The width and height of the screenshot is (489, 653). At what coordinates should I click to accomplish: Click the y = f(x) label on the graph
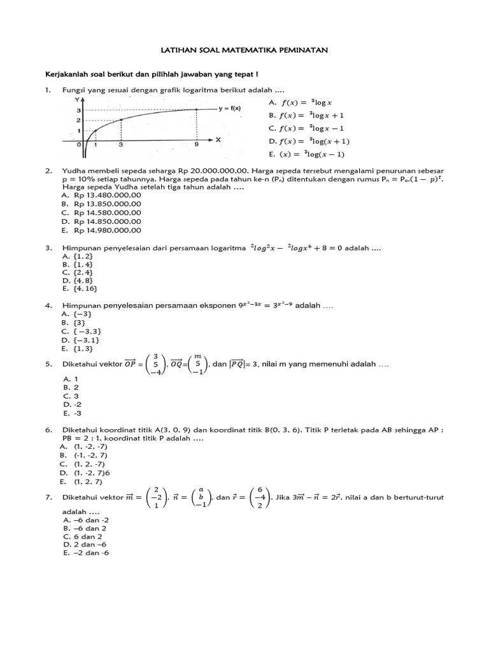pos(229,108)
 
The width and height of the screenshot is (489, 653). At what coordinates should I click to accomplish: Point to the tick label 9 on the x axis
pos(196,145)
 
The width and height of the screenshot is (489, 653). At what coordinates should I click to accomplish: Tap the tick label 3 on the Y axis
pos(78,110)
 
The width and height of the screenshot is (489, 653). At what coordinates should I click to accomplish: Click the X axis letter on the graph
pos(218,139)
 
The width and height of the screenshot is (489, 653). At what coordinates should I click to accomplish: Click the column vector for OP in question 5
pos(155,365)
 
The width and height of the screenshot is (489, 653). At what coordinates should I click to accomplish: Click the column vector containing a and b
pos(201,497)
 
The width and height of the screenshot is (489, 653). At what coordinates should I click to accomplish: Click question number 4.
pos(48,306)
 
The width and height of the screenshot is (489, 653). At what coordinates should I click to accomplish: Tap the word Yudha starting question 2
pos(73,172)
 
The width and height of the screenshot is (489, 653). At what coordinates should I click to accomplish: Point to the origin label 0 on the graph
pos(79,145)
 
